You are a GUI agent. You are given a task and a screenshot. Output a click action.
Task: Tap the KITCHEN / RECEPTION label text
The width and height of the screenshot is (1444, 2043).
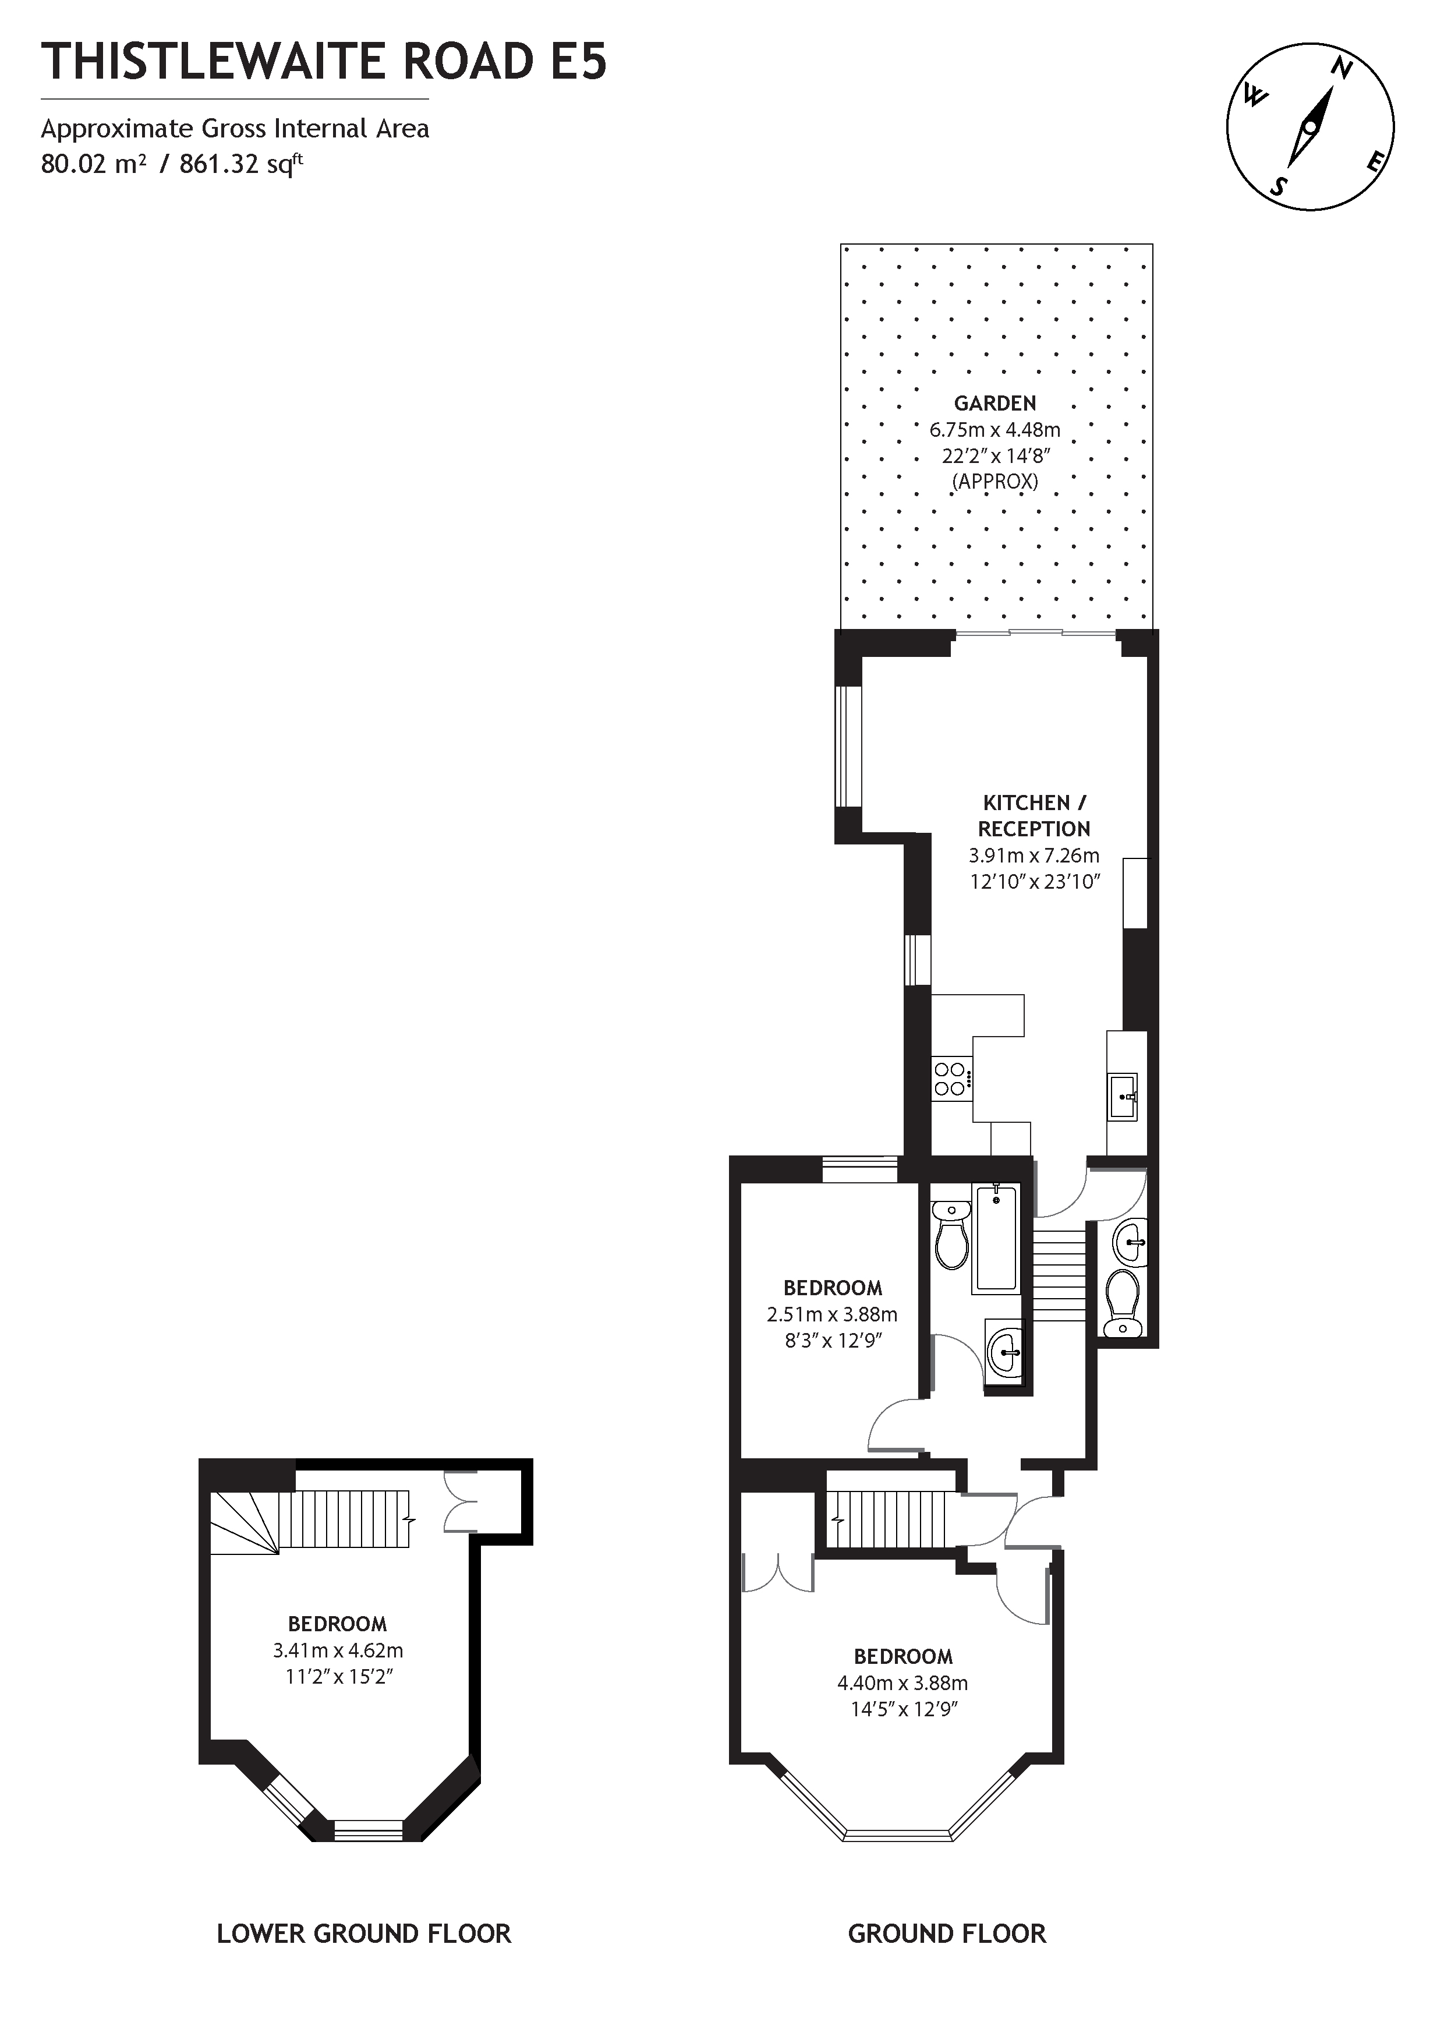pyautogui.click(x=1034, y=815)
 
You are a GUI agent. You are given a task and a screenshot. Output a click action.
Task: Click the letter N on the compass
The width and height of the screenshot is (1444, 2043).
pyautogui.click(x=1342, y=69)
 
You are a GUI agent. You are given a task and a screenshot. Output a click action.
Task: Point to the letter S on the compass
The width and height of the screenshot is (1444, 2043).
pyautogui.click(x=1279, y=185)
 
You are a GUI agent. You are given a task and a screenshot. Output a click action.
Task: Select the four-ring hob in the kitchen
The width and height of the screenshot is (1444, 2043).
pyautogui.click(x=950, y=1079)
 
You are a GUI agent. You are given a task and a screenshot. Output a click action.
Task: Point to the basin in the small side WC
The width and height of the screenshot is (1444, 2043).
pyautogui.click(x=1130, y=1239)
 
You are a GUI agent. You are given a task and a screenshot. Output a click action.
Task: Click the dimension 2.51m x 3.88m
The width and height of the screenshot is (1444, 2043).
pyautogui.click(x=832, y=1314)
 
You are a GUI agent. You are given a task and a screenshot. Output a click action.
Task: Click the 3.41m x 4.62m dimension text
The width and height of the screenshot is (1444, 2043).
pyautogui.click(x=338, y=1650)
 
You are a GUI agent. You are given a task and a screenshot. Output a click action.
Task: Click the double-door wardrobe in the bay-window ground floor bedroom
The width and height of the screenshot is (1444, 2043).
pyautogui.click(x=778, y=1572)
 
